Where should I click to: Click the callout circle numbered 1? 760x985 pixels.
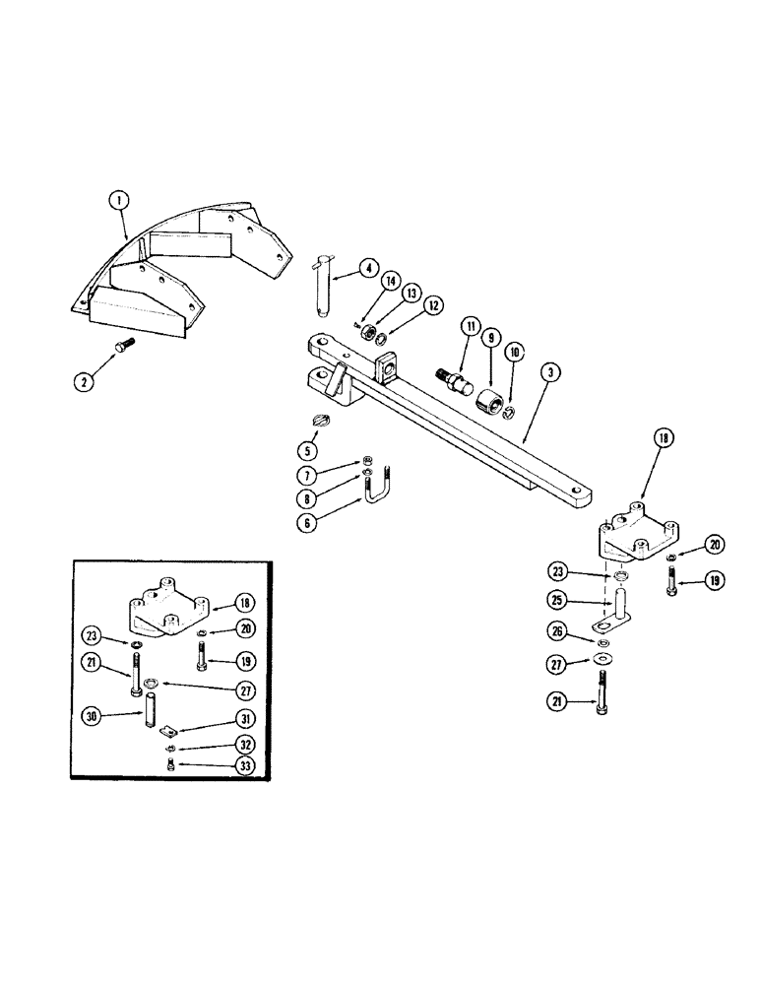[x=119, y=200]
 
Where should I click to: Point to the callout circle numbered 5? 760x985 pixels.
[x=308, y=451]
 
